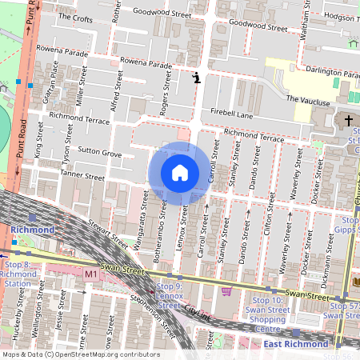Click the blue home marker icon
180,173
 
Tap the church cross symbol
348,122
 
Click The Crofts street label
77,17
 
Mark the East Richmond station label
295,343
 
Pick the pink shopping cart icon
226,291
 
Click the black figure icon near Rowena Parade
196,77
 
